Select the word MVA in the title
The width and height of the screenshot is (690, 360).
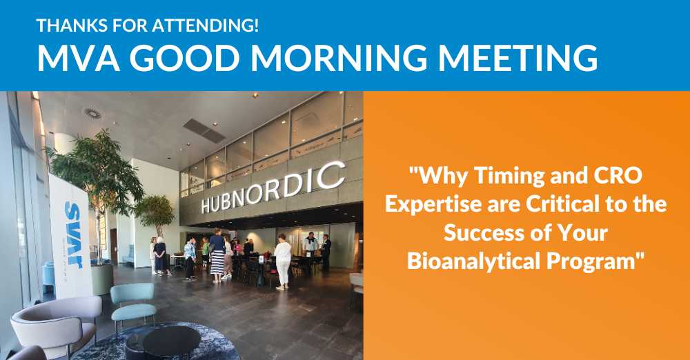coord(79,58)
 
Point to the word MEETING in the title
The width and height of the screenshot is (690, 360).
coord(518,58)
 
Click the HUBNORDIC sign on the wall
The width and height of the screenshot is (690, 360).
coord(273,188)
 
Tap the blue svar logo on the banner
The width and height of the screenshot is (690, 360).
coord(74,235)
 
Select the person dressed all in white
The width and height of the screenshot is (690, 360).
coord(282,261)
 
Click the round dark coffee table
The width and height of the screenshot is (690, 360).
coord(171,341)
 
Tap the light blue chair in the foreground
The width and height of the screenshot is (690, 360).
coord(133,303)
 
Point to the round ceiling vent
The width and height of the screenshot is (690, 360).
coord(93,113)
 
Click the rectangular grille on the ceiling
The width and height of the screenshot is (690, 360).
coord(204,131)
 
